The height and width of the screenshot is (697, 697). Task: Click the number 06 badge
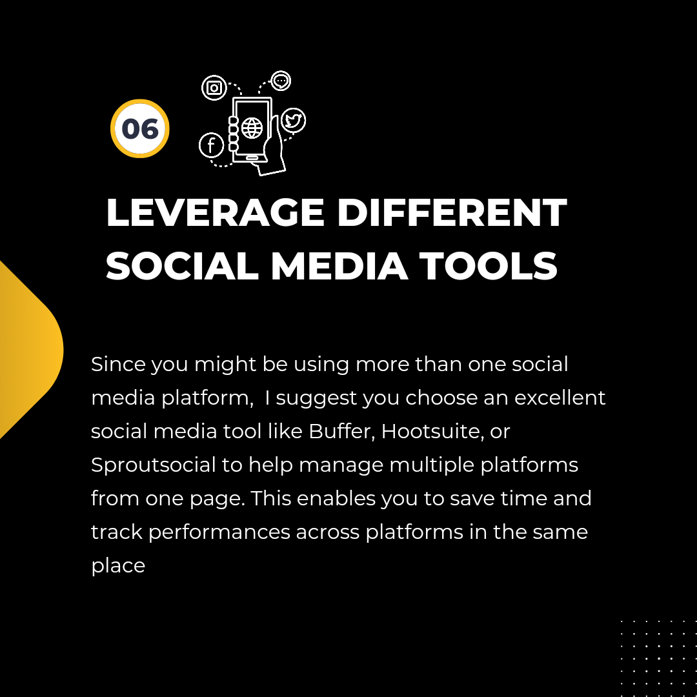click(x=140, y=128)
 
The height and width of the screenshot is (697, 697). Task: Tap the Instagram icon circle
click(x=214, y=88)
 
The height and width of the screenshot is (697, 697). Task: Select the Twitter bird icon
click(x=294, y=120)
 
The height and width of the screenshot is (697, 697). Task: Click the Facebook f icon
click(x=211, y=145)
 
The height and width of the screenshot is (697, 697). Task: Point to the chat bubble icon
click(x=281, y=81)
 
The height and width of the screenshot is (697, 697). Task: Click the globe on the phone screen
click(x=252, y=128)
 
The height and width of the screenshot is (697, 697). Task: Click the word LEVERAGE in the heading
click(x=215, y=212)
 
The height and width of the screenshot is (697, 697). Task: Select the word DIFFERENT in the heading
click(x=452, y=212)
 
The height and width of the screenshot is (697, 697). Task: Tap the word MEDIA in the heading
click(x=339, y=266)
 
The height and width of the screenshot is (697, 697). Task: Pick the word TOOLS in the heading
click(x=489, y=266)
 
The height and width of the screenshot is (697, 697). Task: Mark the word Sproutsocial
click(x=154, y=465)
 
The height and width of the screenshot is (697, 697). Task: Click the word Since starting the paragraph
click(x=118, y=364)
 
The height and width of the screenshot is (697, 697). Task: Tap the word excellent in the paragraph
click(x=560, y=398)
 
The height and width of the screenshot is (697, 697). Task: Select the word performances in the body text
click(x=219, y=532)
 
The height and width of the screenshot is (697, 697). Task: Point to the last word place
click(x=118, y=566)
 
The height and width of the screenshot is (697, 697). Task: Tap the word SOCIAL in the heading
click(x=182, y=266)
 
